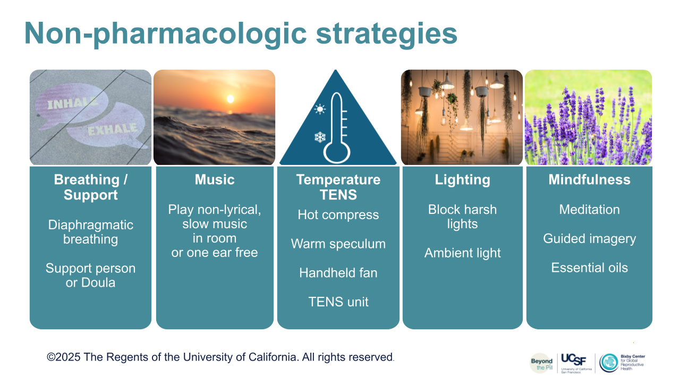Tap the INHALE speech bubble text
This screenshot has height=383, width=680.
(x=73, y=103)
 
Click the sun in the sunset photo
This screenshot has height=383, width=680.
(x=231, y=99)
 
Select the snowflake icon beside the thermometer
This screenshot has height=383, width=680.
(x=320, y=137)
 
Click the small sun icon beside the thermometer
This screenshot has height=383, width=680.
(x=320, y=109)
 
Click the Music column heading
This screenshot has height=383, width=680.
(x=215, y=179)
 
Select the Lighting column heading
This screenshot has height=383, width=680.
(x=462, y=180)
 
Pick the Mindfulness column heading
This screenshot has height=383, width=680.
(x=589, y=179)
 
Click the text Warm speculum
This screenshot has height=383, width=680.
(x=338, y=244)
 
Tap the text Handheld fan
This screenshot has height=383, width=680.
(x=338, y=273)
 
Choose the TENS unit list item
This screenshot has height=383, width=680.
(x=338, y=302)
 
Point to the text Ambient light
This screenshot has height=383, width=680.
(x=462, y=253)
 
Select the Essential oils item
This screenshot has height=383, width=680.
(x=589, y=268)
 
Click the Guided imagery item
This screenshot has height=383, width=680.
(x=589, y=239)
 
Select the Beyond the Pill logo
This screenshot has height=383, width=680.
(x=541, y=363)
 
